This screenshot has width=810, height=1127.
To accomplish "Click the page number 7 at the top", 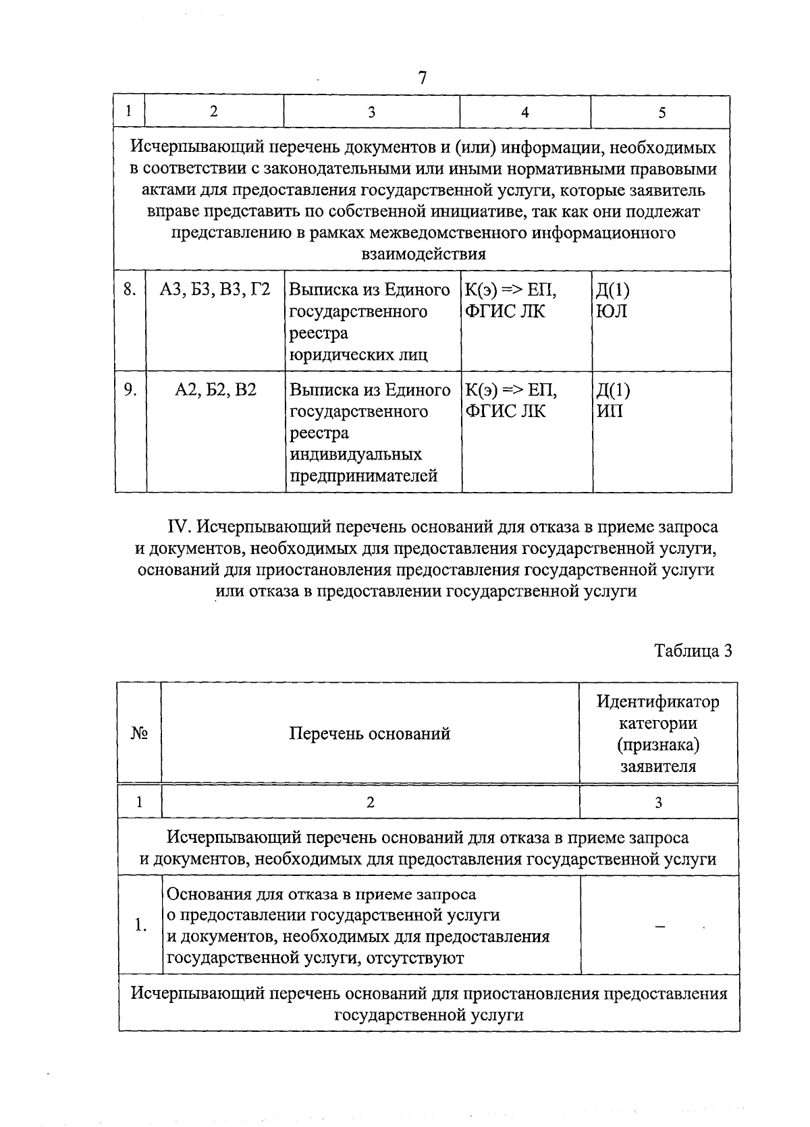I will [x=423, y=78].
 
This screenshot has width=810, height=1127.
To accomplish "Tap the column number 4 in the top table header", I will [x=524, y=113].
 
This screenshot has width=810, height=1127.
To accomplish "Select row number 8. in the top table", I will [x=130, y=290].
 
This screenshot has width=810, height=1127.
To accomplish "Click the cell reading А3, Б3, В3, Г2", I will [x=215, y=290].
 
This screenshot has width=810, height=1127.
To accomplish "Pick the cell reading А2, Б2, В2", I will [x=215, y=390].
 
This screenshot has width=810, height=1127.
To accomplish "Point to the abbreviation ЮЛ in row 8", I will [x=612, y=312].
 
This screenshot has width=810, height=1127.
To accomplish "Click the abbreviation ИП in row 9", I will [x=610, y=411].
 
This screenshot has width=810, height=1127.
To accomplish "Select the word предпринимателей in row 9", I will [x=363, y=476].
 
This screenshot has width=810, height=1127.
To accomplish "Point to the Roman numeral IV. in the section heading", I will [x=180, y=526].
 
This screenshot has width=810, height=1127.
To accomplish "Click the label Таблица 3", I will [x=693, y=651].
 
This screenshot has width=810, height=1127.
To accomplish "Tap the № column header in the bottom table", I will [x=140, y=734].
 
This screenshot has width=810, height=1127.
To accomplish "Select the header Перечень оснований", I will [x=369, y=734].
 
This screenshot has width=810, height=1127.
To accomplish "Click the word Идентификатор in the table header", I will [x=657, y=702].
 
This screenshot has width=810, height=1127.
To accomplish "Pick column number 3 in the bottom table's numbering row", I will [x=658, y=802].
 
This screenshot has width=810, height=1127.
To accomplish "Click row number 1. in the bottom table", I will [x=140, y=925].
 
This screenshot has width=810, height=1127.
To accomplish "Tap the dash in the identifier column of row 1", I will [x=659, y=927].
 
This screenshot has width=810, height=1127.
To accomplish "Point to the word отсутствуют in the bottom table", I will [x=414, y=958].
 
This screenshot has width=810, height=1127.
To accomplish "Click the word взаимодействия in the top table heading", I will [x=423, y=254].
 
